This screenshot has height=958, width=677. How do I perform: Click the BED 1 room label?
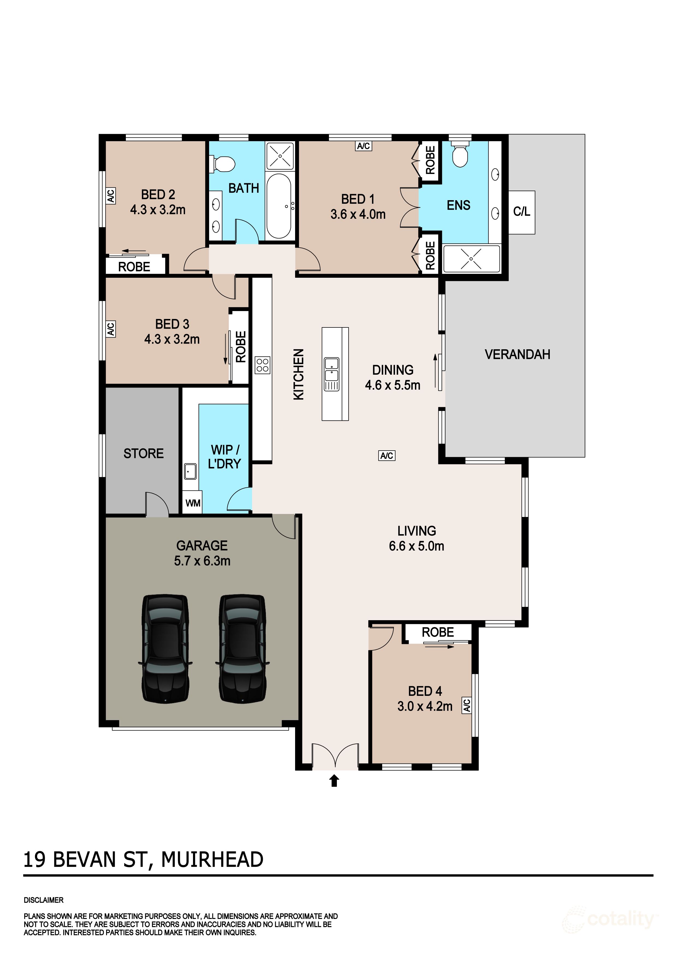point(358,199)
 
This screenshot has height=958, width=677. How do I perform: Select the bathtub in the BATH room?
point(279,206)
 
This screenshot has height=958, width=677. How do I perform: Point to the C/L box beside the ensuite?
point(521,212)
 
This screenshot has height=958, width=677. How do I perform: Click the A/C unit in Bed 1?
point(363,146)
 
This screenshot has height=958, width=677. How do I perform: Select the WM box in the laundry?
point(193,503)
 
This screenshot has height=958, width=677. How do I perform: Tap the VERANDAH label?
point(517,355)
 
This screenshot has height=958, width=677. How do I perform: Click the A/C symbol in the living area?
point(387,456)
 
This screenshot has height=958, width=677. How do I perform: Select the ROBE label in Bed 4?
point(438,632)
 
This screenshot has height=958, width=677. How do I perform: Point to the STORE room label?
point(144,454)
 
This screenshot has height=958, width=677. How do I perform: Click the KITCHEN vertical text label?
point(299,374)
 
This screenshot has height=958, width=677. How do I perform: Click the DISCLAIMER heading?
point(44,900)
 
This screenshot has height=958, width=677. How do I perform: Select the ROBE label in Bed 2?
point(134,267)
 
